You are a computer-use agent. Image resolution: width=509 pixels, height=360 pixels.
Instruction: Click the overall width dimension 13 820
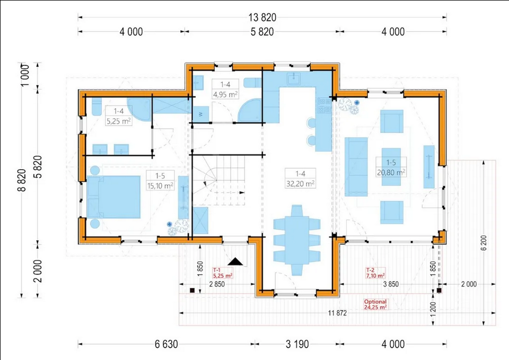coord(262,17)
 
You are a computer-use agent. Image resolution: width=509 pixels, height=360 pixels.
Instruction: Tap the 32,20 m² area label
coord(300,183)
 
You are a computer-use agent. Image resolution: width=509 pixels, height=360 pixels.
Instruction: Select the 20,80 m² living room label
coord(391,172)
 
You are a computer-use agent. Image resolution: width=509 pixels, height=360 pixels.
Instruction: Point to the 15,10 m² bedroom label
coord(160,186)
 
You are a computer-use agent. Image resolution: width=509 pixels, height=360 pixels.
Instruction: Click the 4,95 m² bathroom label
coord(225,94)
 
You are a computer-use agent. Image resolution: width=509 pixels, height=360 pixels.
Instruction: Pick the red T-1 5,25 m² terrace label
coord(222,273)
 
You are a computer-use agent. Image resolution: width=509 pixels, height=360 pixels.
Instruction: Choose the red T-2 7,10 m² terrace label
coord(375,273)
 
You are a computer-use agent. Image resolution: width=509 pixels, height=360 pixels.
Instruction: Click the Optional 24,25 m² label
coord(375,304)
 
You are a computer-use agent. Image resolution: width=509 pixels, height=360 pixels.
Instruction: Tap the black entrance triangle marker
coord(235,261)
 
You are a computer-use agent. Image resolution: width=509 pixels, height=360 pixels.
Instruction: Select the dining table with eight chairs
coord(297,240)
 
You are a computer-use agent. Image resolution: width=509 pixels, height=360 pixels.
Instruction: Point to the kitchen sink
coord(293,78)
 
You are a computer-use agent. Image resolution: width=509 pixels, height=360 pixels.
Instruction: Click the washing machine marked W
coord(200,114)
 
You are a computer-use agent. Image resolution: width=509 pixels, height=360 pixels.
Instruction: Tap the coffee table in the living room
coord(391,167)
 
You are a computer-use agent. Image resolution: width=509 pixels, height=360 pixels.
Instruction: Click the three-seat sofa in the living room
coord(356,167)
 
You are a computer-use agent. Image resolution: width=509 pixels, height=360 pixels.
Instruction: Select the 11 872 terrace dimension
coord(337,313)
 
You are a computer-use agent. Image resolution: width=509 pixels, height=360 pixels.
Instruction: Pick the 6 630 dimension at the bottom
coord(166,344)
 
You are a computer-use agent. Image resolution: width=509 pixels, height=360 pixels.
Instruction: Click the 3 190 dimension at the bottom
coord(297,344)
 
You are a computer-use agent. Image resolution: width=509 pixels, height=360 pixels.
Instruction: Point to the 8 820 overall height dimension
coord(22,180)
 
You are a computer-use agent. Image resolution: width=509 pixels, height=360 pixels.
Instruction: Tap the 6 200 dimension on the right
coord(484,242)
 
